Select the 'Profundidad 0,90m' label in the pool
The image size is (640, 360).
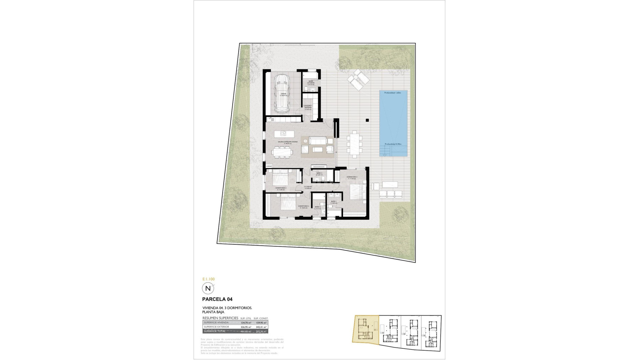pyautogui.click(x=393, y=144)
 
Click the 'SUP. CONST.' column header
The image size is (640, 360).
pyautogui.click(x=261, y=318)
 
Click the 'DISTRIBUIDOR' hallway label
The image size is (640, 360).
pyautogui.click(x=308, y=187)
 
